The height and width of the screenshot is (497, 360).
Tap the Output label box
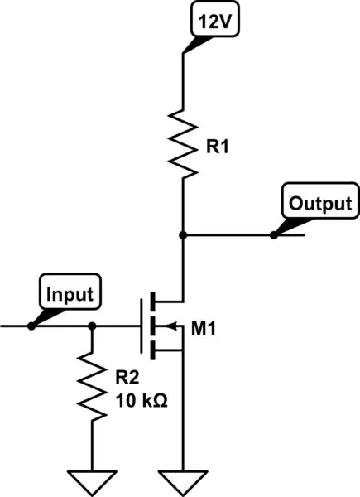(319, 203)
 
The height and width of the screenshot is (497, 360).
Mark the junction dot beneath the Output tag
(273, 235)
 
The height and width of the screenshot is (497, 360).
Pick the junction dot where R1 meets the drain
(182, 235)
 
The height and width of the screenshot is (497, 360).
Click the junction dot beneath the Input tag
(31, 326)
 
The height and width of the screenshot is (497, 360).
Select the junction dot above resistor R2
(92, 326)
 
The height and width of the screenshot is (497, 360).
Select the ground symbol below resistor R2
(92, 480)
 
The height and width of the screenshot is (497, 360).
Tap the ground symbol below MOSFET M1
(182, 480)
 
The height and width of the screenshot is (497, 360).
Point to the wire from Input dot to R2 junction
(62, 326)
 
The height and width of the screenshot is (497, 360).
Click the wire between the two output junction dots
(228, 235)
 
